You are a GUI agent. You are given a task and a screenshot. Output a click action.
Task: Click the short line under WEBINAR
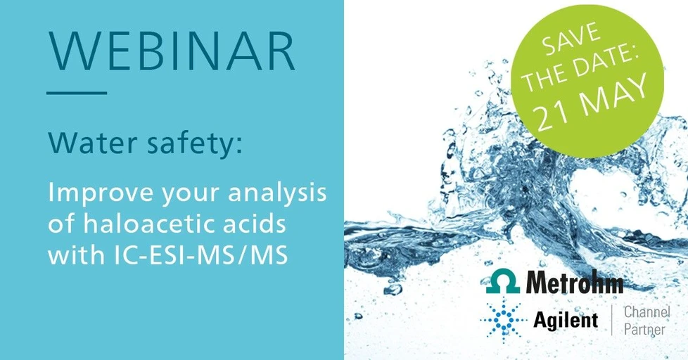click(x=77, y=92)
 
